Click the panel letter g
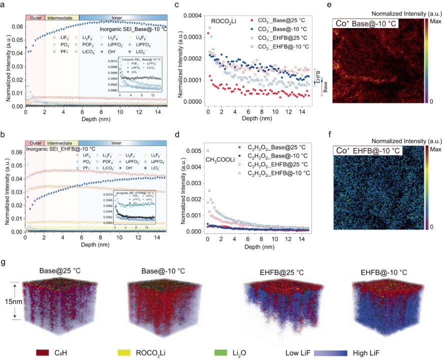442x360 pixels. pyautogui.click(x=4, y=261)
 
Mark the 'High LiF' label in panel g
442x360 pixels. pyautogui.click(x=416, y=353)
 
